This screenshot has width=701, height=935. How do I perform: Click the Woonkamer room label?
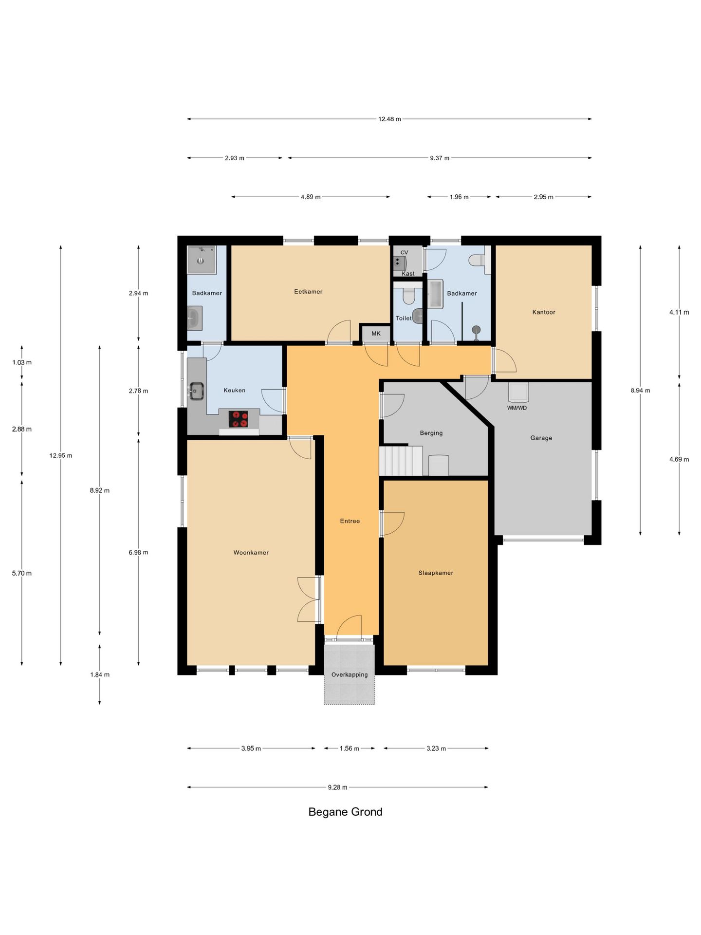click(x=251, y=553)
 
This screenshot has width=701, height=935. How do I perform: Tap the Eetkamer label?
click(x=308, y=292)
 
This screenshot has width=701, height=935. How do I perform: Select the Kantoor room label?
click(x=544, y=312)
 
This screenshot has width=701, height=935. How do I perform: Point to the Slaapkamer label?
click(x=436, y=573)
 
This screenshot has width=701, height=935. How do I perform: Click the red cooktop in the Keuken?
click(x=238, y=419)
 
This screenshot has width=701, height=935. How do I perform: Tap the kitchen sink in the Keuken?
click(x=197, y=391)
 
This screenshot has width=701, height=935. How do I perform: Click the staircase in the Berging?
click(x=401, y=460)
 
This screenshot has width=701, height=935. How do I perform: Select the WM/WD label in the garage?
click(x=517, y=408)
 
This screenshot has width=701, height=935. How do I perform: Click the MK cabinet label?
click(x=376, y=334)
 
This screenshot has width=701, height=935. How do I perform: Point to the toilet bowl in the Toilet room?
click(x=408, y=295)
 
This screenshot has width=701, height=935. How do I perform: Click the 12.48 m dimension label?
click(x=389, y=119)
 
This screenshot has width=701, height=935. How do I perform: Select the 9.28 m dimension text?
click(x=338, y=787)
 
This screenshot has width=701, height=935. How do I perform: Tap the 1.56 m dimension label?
click(x=350, y=748)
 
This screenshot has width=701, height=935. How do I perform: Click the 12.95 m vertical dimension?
click(x=61, y=456)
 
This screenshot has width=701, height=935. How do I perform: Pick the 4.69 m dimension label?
click(x=679, y=459)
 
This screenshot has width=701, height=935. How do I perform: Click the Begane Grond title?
click(x=345, y=812)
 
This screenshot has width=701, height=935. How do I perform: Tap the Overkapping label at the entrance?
click(x=350, y=675)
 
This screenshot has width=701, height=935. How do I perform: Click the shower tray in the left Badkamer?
click(x=202, y=260)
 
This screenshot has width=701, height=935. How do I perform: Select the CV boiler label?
click(x=404, y=252)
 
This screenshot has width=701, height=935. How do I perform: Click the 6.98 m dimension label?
click(x=138, y=552)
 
